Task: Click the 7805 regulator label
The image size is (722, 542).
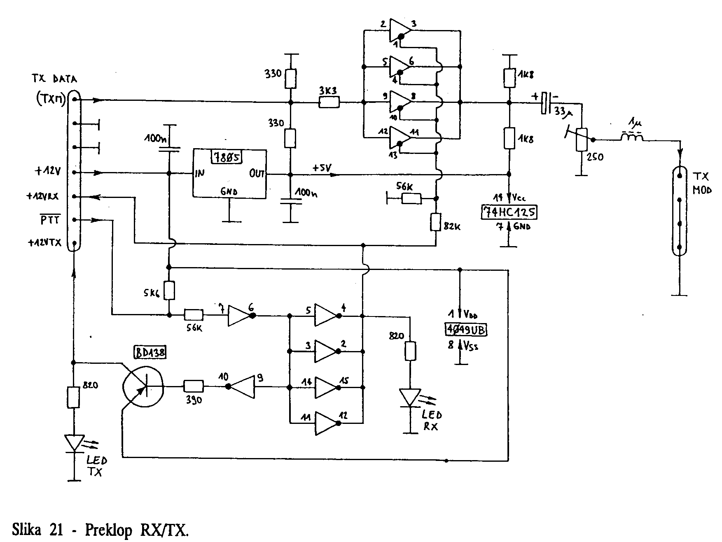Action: tap(227, 157)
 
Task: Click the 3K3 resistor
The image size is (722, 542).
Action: tap(329, 102)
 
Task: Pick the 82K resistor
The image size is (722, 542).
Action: tap(436, 223)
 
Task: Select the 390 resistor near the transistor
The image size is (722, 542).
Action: tap(193, 386)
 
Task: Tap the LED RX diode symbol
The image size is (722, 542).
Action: tap(410, 398)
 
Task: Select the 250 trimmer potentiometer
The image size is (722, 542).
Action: tap(581, 140)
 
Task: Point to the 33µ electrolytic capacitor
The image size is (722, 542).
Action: tap(546, 102)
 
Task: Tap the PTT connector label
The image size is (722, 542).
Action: tap(50, 220)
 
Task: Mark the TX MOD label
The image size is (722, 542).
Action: tap(701, 183)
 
